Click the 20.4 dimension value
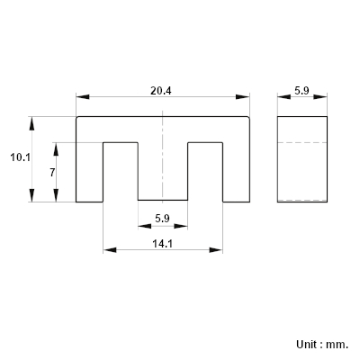[x=161, y=91]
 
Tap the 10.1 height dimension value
[x=21, y=157]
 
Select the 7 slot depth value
[x=52, y=173]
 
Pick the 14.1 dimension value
[x=163, y=244]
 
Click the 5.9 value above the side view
[x=301, y=91]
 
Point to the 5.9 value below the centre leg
[x=162, y=219]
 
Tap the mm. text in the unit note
[x=337, y=345]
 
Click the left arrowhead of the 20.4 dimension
[x=83, y=97]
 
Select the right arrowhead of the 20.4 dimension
[x=243, y=97]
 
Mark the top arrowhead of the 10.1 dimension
[x=31, y=123]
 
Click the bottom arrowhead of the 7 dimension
[x=56, y=195]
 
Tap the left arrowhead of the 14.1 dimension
[x=110, y=250]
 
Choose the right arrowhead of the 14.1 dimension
[x=216, y=250]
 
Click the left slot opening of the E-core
[x=121, y=172]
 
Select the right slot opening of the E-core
[x=205, y=172]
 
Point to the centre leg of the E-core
[x=163, y=171]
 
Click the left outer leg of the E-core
[x=89, y=172]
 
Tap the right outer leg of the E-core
[x=236, y=172]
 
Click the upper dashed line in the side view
[x=302, y=142]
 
